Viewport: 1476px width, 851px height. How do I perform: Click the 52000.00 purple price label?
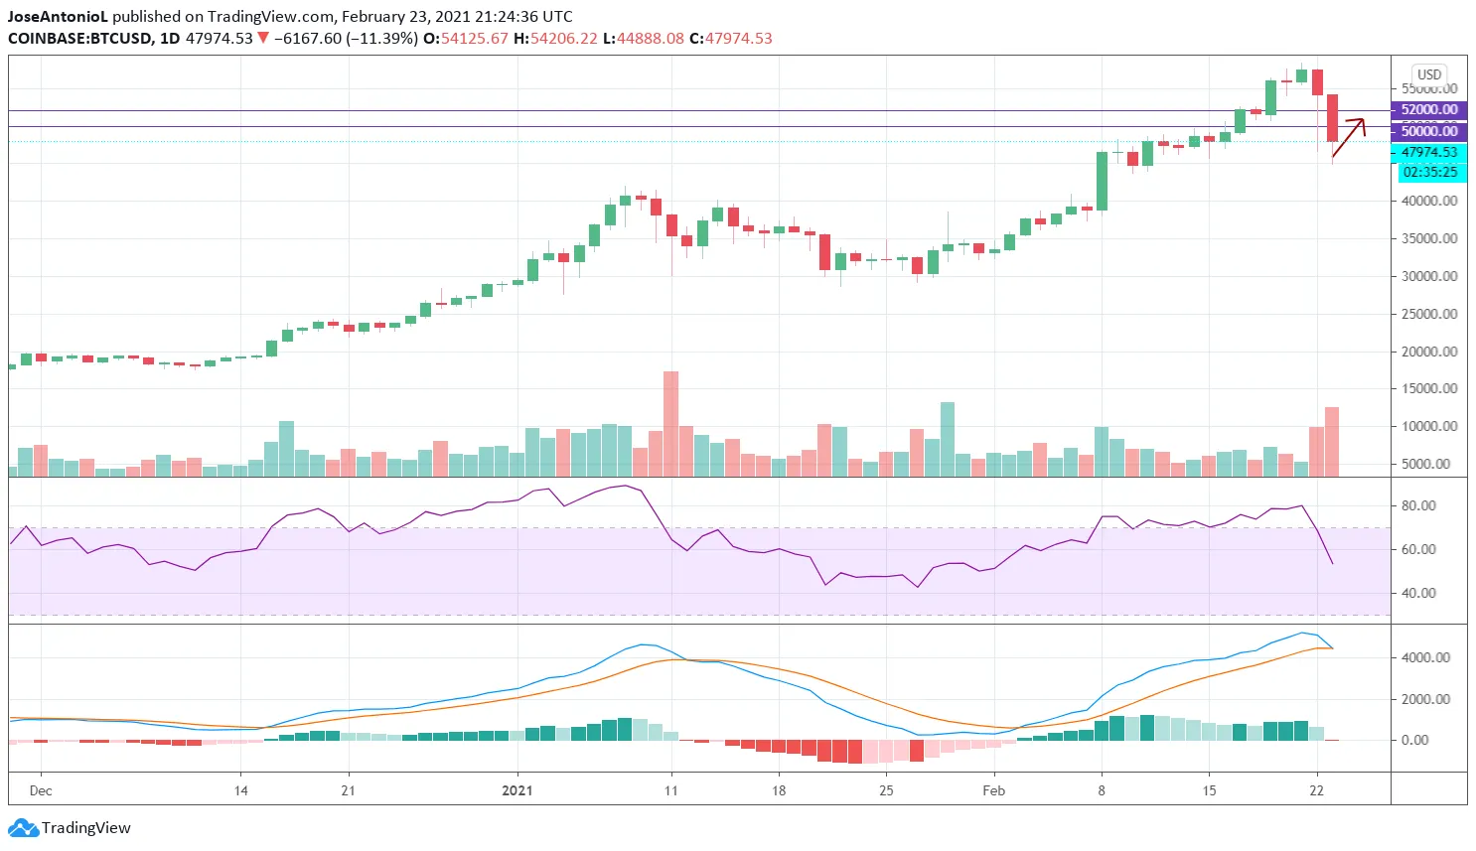(x=1428, y=110)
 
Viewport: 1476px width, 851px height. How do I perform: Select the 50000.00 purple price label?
(x=1428, y=131)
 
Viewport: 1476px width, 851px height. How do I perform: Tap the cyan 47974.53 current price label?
(x=1428, y=152)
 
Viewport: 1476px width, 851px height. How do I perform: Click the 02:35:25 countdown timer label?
(x=1429, y=172)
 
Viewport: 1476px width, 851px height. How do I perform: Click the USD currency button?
(x=1428, y=74)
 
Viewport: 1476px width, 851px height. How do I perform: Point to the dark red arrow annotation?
(x=1349, y=137)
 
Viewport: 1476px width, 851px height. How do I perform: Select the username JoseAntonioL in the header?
(x=58, y=17)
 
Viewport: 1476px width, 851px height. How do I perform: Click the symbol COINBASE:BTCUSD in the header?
(x=79, y=39)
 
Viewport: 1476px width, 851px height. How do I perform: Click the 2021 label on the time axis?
(x=517, y=790)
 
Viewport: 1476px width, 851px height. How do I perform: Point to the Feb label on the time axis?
(x=993, y=790)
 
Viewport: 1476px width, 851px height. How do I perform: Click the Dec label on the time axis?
(x=41, y=790)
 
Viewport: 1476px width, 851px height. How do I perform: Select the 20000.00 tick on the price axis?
(x=1429, y=352)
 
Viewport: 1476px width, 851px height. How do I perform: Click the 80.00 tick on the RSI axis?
(x=1418, y=505)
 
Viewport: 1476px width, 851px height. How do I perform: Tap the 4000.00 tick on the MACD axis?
(x=1425, y=657)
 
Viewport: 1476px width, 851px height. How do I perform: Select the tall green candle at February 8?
(x=1102, y=181)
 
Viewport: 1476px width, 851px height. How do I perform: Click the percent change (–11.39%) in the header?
(x=381, y=39)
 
